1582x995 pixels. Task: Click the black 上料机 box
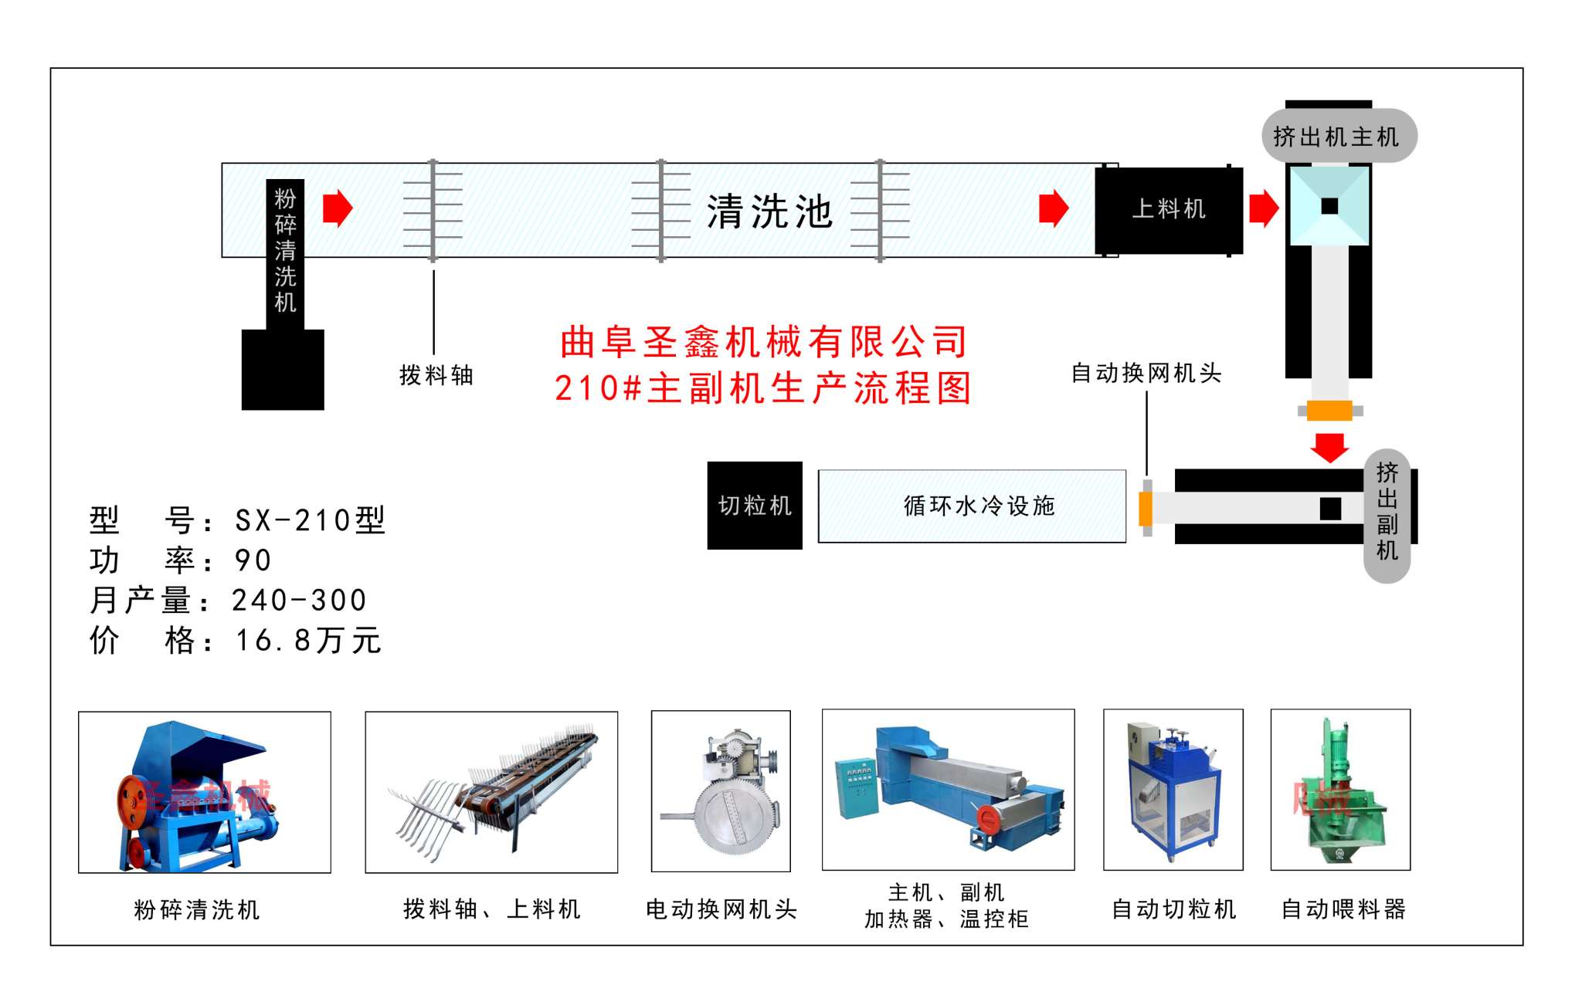[x=1168, y=210]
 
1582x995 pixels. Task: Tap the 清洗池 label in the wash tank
[x=769, y=212]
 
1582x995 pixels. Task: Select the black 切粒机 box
[x=755, y=506]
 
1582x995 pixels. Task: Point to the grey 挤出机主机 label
[x=1336, y=137]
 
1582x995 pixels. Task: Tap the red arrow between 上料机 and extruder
[x=1263, y=208]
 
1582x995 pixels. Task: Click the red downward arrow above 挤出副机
[x=1329, y=447]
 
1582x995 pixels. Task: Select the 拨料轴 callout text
[x=436, y=376]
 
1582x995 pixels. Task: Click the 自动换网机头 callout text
[x=1146, y=374]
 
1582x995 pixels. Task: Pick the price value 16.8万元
[x=308, y=641]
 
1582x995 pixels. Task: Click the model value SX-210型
[x=310, y=520]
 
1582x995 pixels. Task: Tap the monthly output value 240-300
[x=299, y=601]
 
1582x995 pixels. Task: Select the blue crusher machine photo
[x=204, y=793]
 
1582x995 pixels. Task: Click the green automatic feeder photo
[x=1340, y=790]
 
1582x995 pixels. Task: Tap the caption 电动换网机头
[x=721, y=909]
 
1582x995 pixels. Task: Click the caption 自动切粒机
[x=1173, y=909]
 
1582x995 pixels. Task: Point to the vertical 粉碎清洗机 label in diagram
[x=285, y=251]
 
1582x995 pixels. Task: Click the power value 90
[x=253, y=560]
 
